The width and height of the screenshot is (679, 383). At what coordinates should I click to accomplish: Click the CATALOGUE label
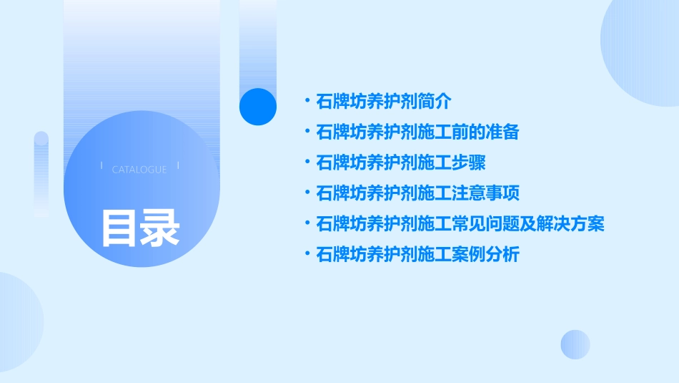(x=139, y=170)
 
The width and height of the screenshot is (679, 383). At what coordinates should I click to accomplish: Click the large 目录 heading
(x=140, y=228)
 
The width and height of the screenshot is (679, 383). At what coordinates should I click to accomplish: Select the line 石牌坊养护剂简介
(x=384, y=102)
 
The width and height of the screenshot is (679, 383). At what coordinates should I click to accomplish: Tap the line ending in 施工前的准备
(x=417, y=132)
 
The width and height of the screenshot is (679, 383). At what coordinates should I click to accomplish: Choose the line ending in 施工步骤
(x=401, y=163)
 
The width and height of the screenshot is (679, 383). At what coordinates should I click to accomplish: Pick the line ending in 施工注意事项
(x=417, y=193)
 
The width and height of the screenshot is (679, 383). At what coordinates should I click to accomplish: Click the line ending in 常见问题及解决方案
(x=460, y=224)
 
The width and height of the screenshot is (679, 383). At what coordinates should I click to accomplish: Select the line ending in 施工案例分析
(x=417, y=254)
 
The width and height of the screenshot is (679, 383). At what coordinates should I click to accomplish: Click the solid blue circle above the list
(x=258, y=107)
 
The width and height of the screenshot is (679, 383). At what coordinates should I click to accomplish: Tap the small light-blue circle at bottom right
(x=575, y=344)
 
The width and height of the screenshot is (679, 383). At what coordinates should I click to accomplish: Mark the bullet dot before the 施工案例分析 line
(x=307, y=253)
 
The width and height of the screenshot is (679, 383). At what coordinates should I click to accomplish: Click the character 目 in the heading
(x=119, y=228)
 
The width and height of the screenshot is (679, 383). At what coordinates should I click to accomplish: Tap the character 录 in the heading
(x=160, y=228)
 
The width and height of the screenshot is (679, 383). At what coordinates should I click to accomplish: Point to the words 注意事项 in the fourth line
(x=486, y=193)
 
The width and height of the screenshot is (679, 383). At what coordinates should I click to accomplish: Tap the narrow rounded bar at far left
(x=41, y=174)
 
